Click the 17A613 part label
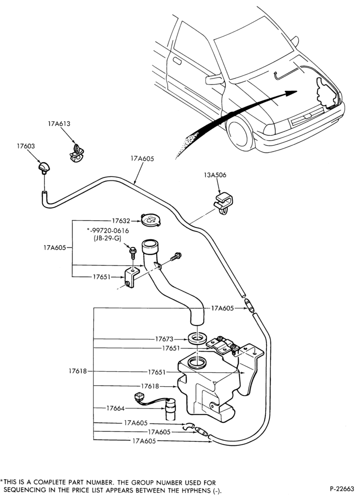click(x=59, y=124)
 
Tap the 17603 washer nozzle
click(x=44, y=167)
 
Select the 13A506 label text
click(x=215, y=175)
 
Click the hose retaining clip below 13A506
click(x=224, y=204)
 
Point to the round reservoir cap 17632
click(x=151, y=220)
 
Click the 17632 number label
click(x=121, y=221)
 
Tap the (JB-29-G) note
click(x=108, y=239)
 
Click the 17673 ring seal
click(x=196, y=339)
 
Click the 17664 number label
click(x=115, y=409)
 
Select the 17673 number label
click(x=164, y=339)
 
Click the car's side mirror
click(x=214, y=79)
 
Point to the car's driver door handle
click(x=177, y=61)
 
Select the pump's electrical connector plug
click(x=139, y=397)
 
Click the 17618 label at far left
click(x=78, y=371)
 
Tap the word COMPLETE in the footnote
click(x=49, y=483)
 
